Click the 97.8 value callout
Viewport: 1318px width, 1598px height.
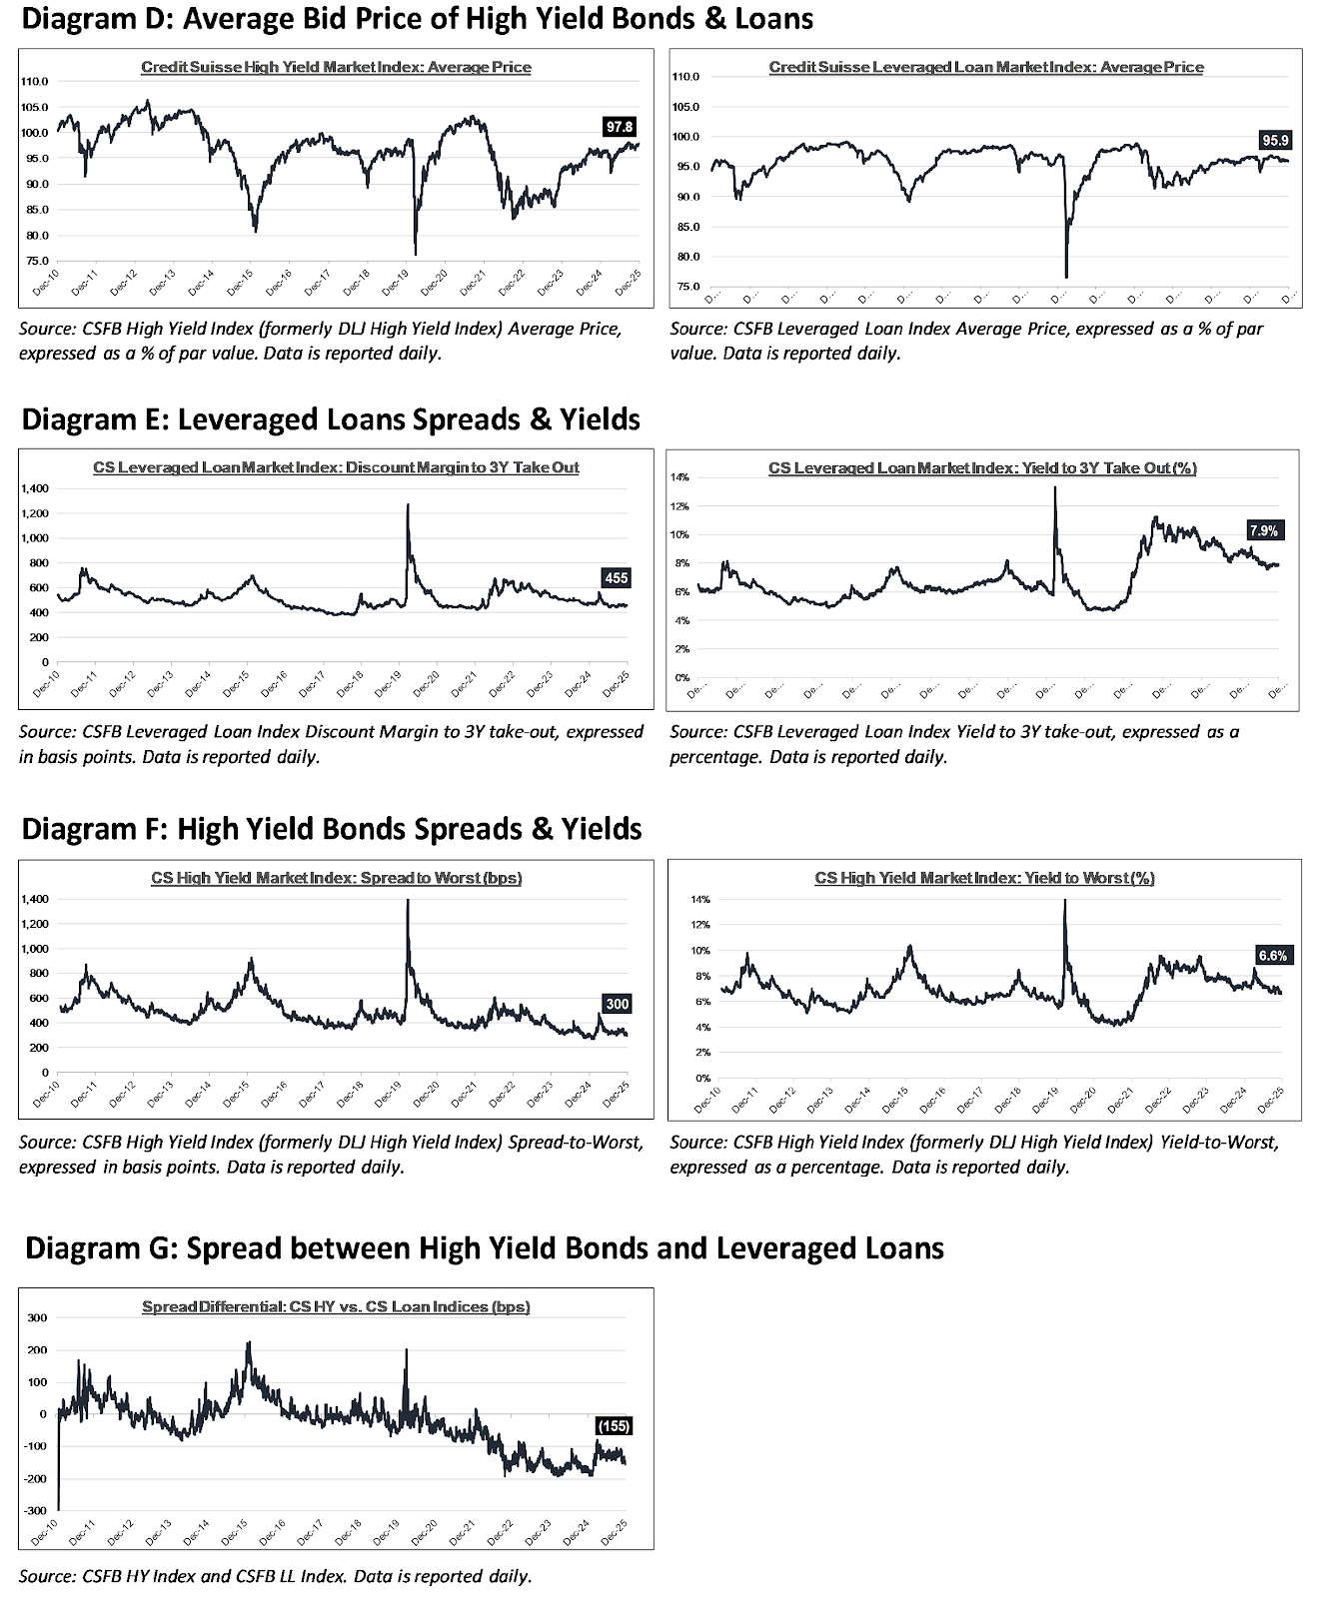(620, 127)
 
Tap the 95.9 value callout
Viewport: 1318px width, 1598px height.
(1275, 141)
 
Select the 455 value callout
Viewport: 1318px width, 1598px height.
(616, 577)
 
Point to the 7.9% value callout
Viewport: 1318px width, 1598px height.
(1264, 530)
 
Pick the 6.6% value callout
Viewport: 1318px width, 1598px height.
(1272, 956)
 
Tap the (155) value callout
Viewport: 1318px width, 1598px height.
(613, 1426)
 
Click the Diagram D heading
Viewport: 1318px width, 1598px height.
(417, 18)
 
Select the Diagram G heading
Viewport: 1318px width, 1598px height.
(484, 1248)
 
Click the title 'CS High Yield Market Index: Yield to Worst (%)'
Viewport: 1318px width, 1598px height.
(984, 878)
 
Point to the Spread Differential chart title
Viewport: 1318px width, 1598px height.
(336, 1306)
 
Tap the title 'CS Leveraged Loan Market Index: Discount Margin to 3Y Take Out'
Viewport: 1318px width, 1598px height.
(336, 467)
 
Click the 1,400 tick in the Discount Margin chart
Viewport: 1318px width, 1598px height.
(34, 488)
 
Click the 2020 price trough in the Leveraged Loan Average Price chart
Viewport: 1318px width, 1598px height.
(1066, 276)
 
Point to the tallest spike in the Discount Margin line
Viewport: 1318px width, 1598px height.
(407, 505)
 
